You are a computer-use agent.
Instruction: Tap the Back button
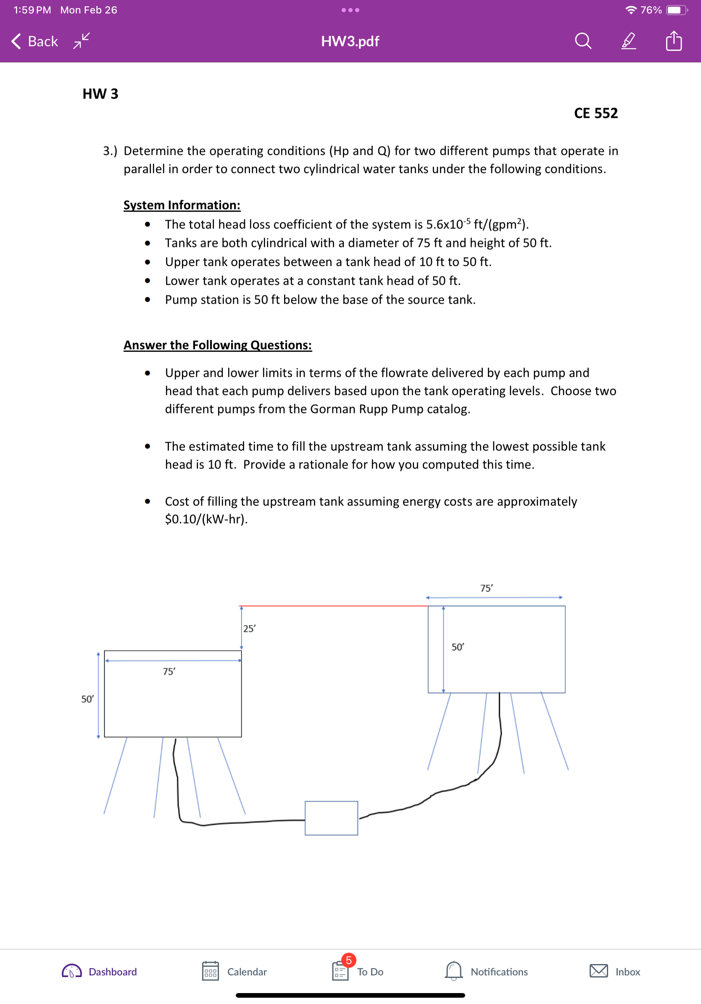(x=34, y=41)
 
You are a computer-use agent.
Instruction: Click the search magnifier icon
(x=582, y=41)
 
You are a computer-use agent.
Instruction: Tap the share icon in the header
(x=673, y=41)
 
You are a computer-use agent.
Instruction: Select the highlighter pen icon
(x=628, y=41)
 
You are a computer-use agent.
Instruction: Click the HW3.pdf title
(x=350, y=41)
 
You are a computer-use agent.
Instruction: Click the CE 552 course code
(x=596, y=113)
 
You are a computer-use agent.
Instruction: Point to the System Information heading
(x=182, y=205)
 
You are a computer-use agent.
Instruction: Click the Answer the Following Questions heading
(x=218, y=345)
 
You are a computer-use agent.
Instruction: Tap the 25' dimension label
(x=249, y=629)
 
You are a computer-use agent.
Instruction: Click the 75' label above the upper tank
(x=486, y=588)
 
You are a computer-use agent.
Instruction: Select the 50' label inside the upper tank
(x=458, y=647)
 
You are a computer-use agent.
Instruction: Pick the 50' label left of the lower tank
(x=87, y=699)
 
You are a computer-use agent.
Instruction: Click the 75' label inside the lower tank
(x=169, y=672)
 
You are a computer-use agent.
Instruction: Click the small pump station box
(x=331, y=818)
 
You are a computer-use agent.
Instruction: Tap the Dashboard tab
(x=100, y=972)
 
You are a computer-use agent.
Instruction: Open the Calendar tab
(x=235, y=972)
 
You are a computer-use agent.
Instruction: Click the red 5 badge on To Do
(x=349, y=960)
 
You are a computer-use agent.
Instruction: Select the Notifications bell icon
(x=453, y=971)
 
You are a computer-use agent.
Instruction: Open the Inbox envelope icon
(x=598, y=971)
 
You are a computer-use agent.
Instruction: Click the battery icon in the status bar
(x=676, y=10)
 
